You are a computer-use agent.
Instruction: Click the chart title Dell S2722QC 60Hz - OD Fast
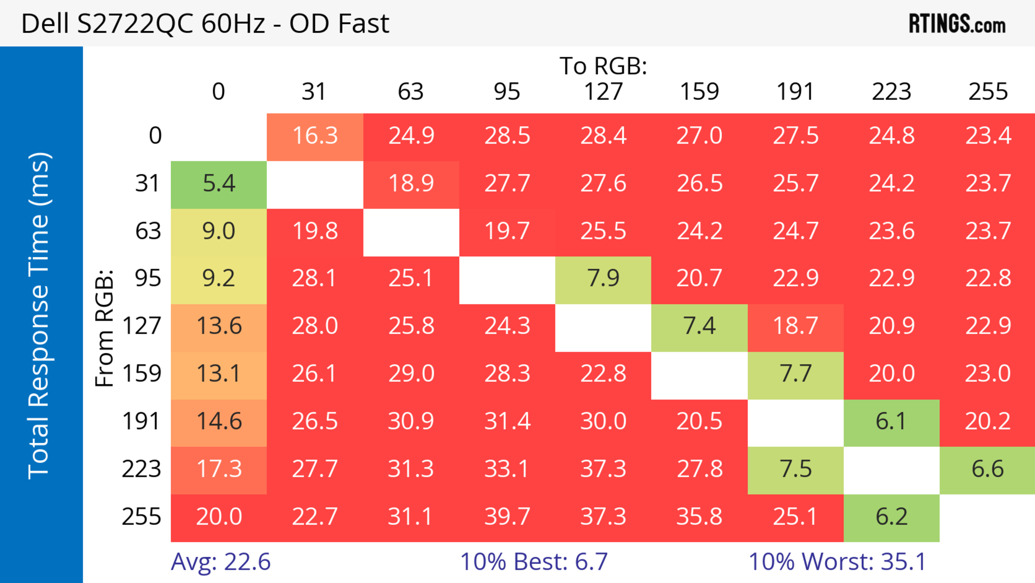click(x=205, y=23)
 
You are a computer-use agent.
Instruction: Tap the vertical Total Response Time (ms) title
click(x=39, y=316)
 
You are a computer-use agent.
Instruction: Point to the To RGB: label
click(x=603, y=66)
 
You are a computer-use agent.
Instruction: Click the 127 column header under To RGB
click(x=603, y=92)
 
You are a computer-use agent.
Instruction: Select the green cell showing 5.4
click(x=219, y=184)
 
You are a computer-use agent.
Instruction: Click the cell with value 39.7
click(x=507, y=517)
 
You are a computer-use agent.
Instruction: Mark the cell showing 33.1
click(x=507, y=469)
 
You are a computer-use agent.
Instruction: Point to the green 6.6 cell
click(x=987, y=469)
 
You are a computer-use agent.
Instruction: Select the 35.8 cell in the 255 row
click(x=699, y=517)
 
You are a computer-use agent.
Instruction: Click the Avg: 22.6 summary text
click(x=220, y=562)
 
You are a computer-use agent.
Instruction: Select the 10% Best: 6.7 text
click(x=534, y=562)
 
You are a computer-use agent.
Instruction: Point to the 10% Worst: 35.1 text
click(x=837, y=562)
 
